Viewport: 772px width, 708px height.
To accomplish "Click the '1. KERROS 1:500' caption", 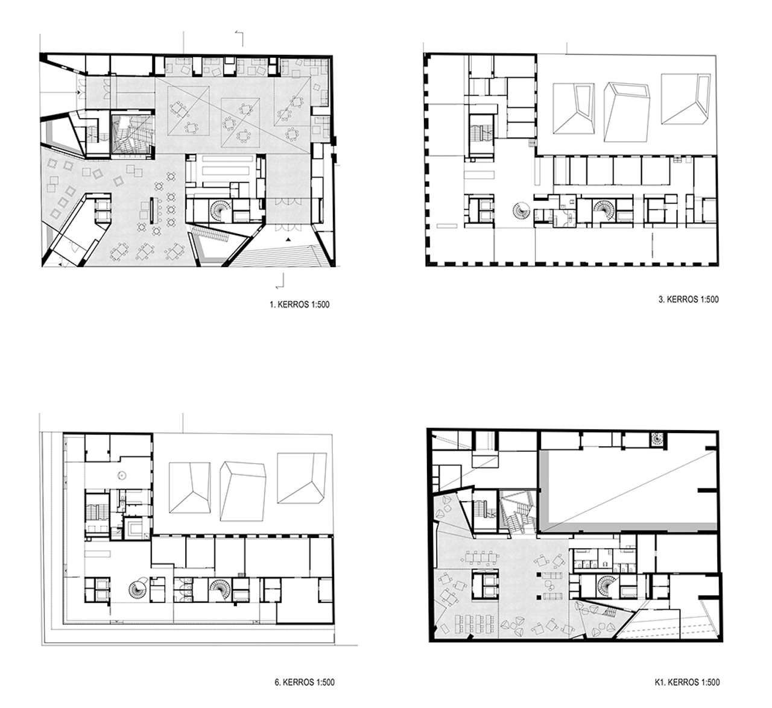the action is (x=299, y=305).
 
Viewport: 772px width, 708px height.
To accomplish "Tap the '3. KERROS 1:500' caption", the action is (x=689, y=299).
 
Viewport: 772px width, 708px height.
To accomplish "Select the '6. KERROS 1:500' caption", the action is (x=305, y=683).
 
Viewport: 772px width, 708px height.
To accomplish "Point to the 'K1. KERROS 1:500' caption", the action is (x=687, y=682).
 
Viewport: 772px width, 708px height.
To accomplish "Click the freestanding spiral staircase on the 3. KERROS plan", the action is (x=521, y=210).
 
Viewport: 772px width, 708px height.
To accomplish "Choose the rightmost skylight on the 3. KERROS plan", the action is (x=685, y=99).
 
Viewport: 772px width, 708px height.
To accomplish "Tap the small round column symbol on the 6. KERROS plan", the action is (x=122, y=476).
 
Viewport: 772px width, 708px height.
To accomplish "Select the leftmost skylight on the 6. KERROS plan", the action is (x=190, y=488).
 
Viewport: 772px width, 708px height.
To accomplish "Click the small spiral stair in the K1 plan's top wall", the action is (x=656, y=438).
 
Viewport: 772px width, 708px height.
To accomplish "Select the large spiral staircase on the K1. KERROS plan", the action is (x=607, y=587).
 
